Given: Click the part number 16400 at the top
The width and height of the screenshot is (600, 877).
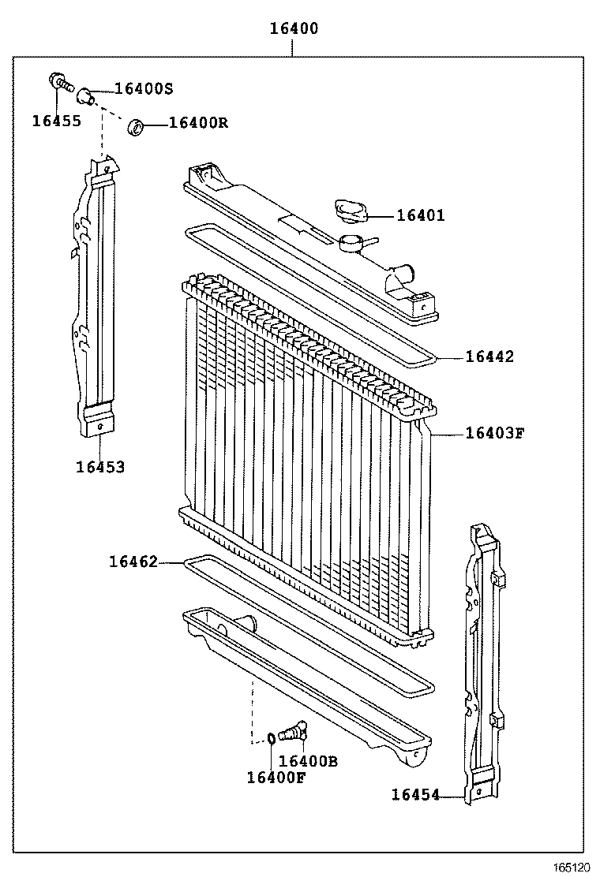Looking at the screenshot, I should (x=294, y=29).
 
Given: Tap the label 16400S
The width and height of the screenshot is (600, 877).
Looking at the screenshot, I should (x=143, y=88).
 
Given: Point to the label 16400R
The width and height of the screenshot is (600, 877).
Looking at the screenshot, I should (x=198, y=122).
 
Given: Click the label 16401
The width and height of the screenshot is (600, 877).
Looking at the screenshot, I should (x=420, y=215).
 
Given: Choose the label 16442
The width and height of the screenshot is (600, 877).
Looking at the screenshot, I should (x=489, y=356).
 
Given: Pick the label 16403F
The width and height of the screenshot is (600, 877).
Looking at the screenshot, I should (x=494, y=432).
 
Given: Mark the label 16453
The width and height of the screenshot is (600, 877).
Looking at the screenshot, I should (x=100, y=467).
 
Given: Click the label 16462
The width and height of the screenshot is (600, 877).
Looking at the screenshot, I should (x=133, y=562).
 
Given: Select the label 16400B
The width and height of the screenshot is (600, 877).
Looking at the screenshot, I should (x=308, y=761).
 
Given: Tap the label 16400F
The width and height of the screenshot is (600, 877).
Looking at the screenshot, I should (x=276, y=778).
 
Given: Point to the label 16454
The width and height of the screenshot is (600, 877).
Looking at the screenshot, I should (x=415, y=795).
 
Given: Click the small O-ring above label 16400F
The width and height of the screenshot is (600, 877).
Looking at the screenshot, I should (x=270, y=738).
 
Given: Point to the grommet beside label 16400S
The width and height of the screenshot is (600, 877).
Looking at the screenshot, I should (x=87, y=97).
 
